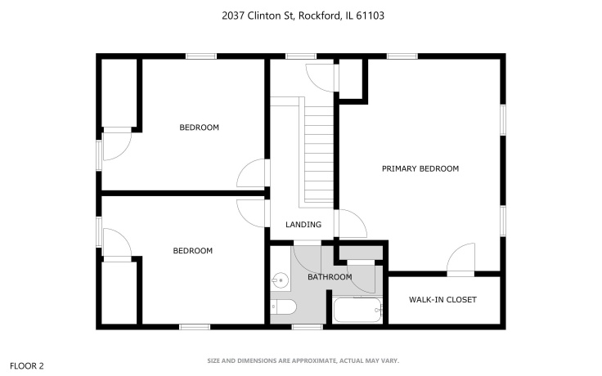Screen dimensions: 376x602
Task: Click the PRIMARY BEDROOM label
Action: point(420,169)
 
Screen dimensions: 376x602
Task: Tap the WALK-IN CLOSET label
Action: point(442,299)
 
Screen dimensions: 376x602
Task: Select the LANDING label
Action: point(303,225)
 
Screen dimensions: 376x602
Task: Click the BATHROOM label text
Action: point(329,277)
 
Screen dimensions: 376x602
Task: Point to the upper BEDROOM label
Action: point(199,128)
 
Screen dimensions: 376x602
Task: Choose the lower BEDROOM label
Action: point(192,251)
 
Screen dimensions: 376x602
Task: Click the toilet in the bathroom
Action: point(283,307)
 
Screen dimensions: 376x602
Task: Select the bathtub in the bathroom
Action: point(357,311)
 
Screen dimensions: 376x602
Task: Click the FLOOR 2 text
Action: point(26,365)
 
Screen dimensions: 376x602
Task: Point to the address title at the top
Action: point(300,16)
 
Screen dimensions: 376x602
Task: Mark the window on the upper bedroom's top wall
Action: point(200,56)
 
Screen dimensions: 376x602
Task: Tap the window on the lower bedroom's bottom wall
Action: point(194,327)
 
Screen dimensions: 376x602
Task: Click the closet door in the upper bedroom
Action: point(117,145)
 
